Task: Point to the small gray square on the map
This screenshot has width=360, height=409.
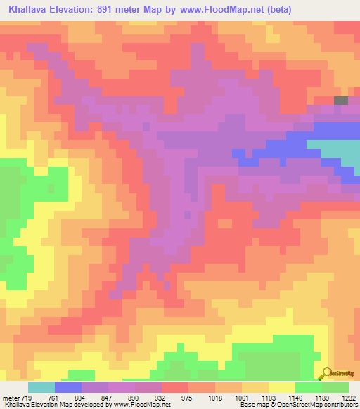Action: click(340, 100)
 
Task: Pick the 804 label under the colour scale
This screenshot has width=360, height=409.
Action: click(82, 397)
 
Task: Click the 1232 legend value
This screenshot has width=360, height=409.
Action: click(349, 397)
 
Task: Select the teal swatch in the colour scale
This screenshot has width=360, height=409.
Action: click(41, 387)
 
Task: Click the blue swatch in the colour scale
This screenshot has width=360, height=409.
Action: click(67, 387)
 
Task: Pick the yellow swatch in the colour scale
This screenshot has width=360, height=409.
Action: click(281, 387)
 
